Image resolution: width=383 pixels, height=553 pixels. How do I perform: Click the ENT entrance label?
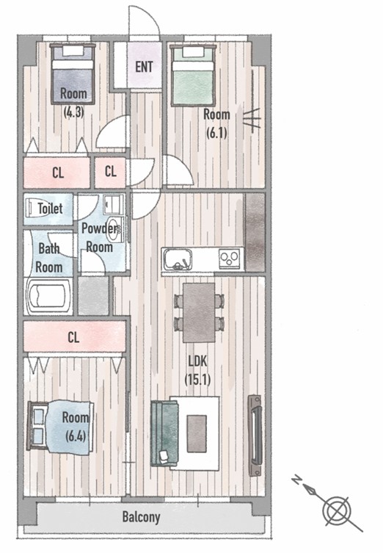[144, 67]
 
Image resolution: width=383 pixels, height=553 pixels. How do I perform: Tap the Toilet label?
[50, 209]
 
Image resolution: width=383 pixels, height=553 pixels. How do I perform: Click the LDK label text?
[197, 361]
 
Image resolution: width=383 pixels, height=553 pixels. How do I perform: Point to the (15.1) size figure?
[197, 380]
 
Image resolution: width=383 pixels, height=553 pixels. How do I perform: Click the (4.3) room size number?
[73, 112]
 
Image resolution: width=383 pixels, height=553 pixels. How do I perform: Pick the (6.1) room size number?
[216, 133]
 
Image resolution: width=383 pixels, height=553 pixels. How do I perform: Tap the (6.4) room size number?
[76, 436]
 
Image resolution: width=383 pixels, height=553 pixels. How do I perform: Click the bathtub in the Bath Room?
[48, 296]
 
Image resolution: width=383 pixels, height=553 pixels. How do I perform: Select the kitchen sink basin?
[177, 259]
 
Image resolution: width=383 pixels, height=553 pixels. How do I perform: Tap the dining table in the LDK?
[199, 312]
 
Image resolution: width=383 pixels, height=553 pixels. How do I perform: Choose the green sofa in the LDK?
[164, 433]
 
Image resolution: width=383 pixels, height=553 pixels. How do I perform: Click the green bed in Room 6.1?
[193, 75]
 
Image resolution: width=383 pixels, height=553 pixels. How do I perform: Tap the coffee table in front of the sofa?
[197, 433]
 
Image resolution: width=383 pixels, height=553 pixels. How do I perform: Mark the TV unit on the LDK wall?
[255, 435]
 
